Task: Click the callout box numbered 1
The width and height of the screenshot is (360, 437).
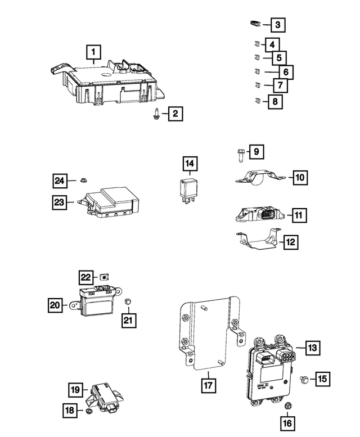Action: [93, 53]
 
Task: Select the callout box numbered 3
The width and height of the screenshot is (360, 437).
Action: [277, 25]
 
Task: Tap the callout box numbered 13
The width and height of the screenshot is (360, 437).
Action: [313, 348]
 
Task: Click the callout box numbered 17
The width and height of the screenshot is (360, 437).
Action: [208, 385]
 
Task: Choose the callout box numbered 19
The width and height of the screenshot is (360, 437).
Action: [76, 389]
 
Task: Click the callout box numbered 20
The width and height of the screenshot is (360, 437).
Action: [55, 305]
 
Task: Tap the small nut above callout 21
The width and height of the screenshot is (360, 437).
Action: [127, 303]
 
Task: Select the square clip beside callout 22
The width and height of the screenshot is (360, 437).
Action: [105, 276]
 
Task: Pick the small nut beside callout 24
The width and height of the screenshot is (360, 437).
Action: [82, 181]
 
